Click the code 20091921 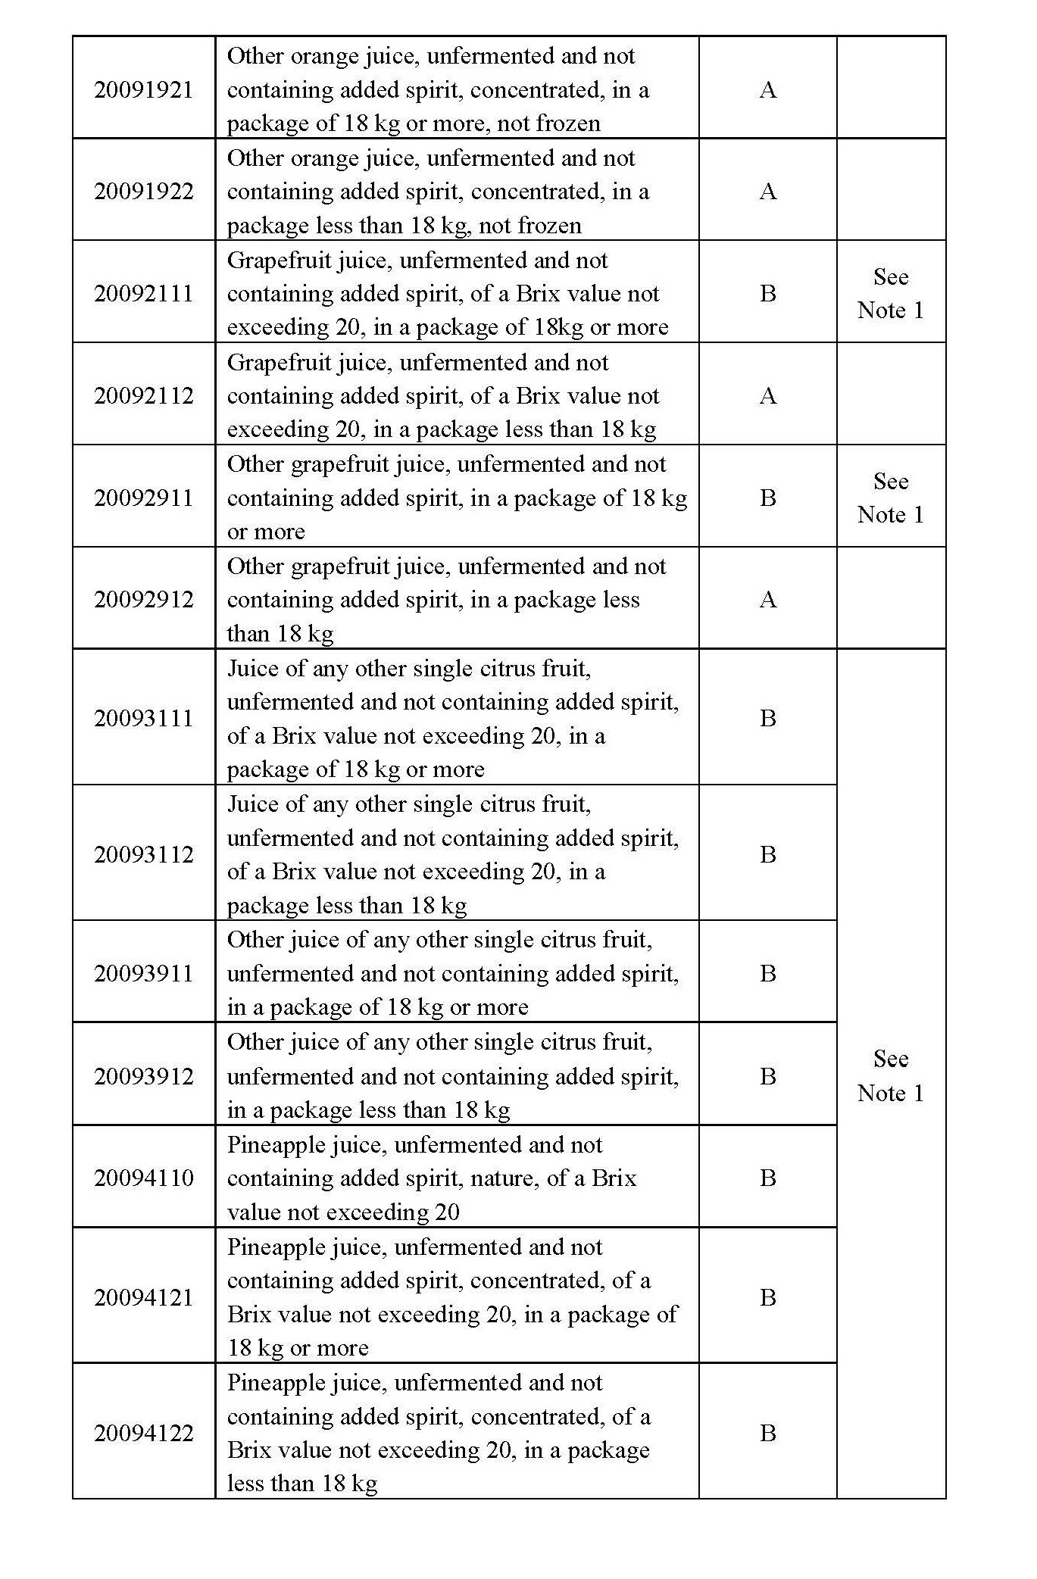[x=143, y=89]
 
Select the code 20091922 [x=143, y=191]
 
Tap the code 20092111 [x=143, y=293]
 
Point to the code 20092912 [x=143, y=599]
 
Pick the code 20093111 [x=143, y=718]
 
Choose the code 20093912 [x=143, y=1075]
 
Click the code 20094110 [x=143, y=1178]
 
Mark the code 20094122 [x=143, y=1433]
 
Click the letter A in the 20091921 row [x=767, y=89]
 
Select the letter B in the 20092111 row [x=767, y=293]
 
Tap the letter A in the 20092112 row [x=767, y=395]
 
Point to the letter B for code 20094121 [x=767, y=1297]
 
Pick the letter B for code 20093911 [x=767, y=973]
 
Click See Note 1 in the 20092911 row [x=890, y=498]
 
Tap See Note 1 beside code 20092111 [x=890, y=293]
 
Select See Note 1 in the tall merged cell [x=890, y=1075]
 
